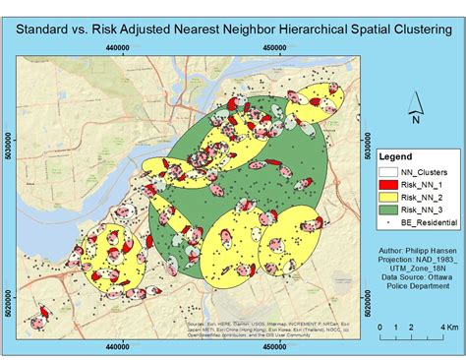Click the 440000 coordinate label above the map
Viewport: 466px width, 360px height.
119,46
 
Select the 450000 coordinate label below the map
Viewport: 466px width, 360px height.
260,344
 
